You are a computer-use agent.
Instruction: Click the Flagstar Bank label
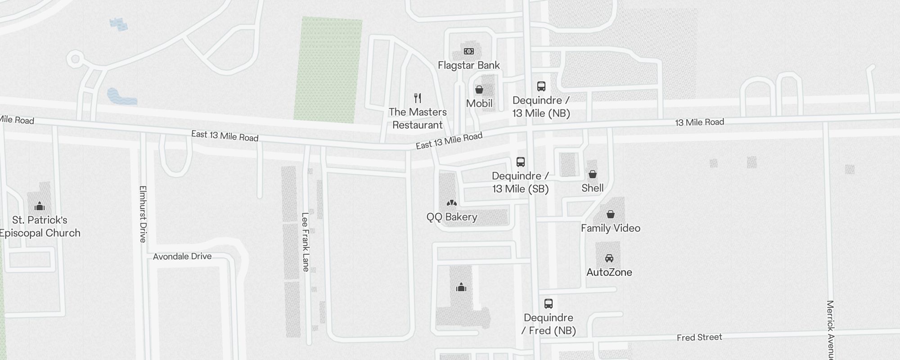tap(468, 65)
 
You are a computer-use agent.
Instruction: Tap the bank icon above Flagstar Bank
tap(468, 51)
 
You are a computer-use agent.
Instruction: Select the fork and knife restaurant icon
tap(418, 98)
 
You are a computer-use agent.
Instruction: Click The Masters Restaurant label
tap(418, 118)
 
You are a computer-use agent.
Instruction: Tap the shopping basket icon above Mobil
tap(479, 90)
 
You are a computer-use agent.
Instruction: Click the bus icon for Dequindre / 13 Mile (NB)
tap(541, 86)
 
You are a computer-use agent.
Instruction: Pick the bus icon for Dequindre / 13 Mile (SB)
tap(521, 162)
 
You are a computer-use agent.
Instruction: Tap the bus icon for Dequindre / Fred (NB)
tap(549, 304)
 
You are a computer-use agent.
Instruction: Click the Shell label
tap(592, 188)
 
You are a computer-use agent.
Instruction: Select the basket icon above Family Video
tap(611, 214)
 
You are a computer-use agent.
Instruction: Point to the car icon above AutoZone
tap(609, 258)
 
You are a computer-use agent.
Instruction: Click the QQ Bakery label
tap(452, 217)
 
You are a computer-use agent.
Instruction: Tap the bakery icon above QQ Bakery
tap(452, 203)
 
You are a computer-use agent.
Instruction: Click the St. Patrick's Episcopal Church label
tap(40, 226)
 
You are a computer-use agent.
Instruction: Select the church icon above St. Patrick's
tap(40, 207)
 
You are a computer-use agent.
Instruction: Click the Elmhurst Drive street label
tap(143, 214)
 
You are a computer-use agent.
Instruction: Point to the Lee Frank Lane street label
tap(306, 242)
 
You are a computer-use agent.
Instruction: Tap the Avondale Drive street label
tap(182, 256)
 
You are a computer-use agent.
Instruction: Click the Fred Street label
tap(699, 337)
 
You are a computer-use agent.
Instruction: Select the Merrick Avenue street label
tap(831, 328)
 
